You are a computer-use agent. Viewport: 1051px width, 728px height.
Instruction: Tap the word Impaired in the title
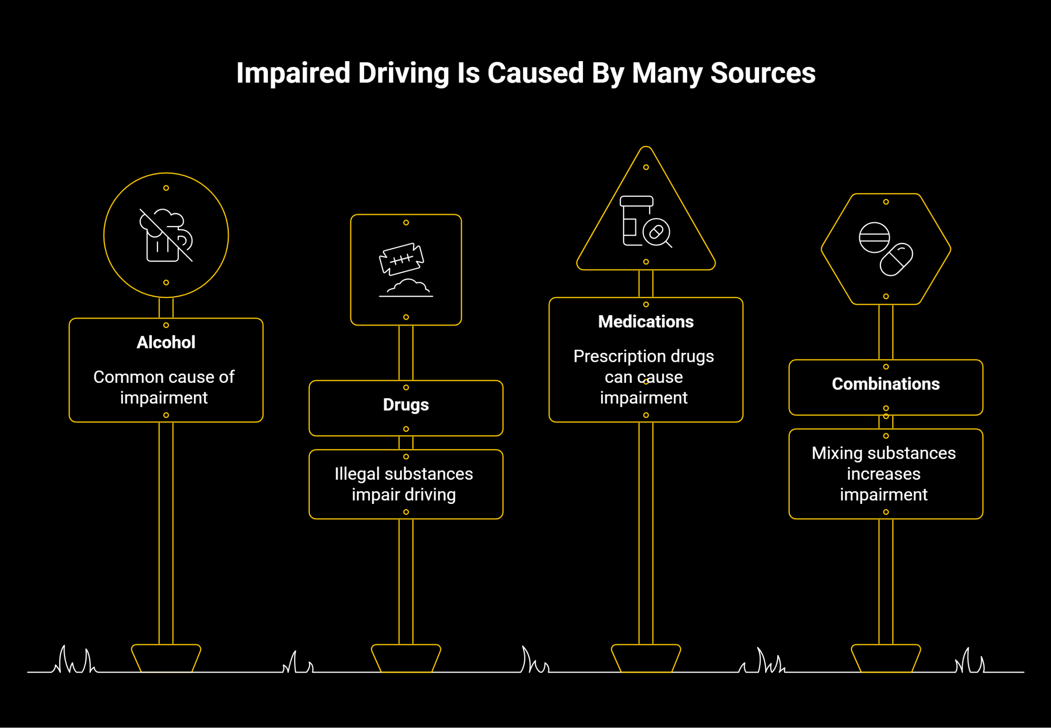click(x=293, y=73)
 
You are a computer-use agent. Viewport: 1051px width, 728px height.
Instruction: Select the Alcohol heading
click(x=166, y=342)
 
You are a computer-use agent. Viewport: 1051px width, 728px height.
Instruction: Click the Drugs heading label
click(x=406, y=405)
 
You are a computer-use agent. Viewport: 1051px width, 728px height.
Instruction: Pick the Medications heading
click(x=646, y=322)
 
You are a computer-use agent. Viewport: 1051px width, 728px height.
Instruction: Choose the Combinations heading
click(x=885, y=384)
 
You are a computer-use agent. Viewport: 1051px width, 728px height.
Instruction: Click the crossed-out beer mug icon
click(x=166, y=236)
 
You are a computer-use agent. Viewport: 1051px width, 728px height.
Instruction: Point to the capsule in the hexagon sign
click(x=896, y=259)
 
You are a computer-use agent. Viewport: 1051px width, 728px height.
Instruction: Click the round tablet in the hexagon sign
click(x=874, y=237)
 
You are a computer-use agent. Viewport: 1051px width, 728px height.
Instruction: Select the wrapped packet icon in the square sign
click(x=402, y=259)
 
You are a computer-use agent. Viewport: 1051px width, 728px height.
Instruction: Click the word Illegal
click(x=357, y=474)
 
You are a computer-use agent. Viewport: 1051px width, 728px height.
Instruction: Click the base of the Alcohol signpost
click(x=166, y=658)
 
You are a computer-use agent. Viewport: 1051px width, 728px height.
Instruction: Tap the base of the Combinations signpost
click(x=885, y=658)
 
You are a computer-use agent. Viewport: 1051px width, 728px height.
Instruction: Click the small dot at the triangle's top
click(x=646, y=167)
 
